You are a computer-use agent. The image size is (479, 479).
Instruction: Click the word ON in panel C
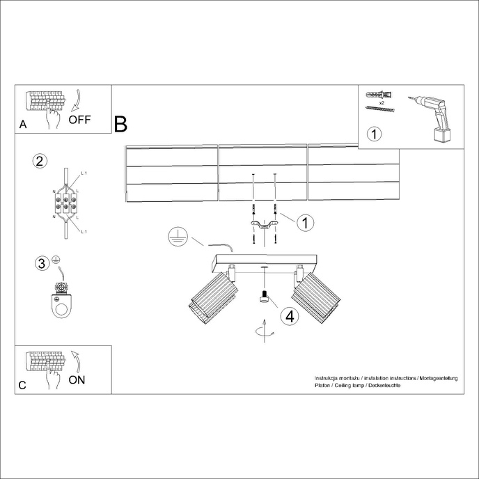click(x=77, y=379)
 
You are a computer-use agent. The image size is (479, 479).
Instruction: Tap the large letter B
click(x=120, y=125)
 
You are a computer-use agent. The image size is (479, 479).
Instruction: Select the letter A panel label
click(x=23, y=125)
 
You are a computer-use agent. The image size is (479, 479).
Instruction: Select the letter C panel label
click(x=23, y=385)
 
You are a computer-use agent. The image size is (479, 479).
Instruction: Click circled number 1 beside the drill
click(x=375, y=134)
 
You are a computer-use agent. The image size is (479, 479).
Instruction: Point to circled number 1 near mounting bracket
click(x=304, y=223)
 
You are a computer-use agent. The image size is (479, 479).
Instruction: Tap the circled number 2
click(x=40, y=162)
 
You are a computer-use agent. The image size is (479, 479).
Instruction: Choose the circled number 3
click(x=42, y=262)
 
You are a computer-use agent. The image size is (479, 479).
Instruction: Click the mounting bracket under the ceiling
click(x=264, y=223)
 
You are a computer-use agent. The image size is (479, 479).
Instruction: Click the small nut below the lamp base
click(x=264, y=297)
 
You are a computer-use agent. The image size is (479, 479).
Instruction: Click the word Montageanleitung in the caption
click(x=437, y=377)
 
